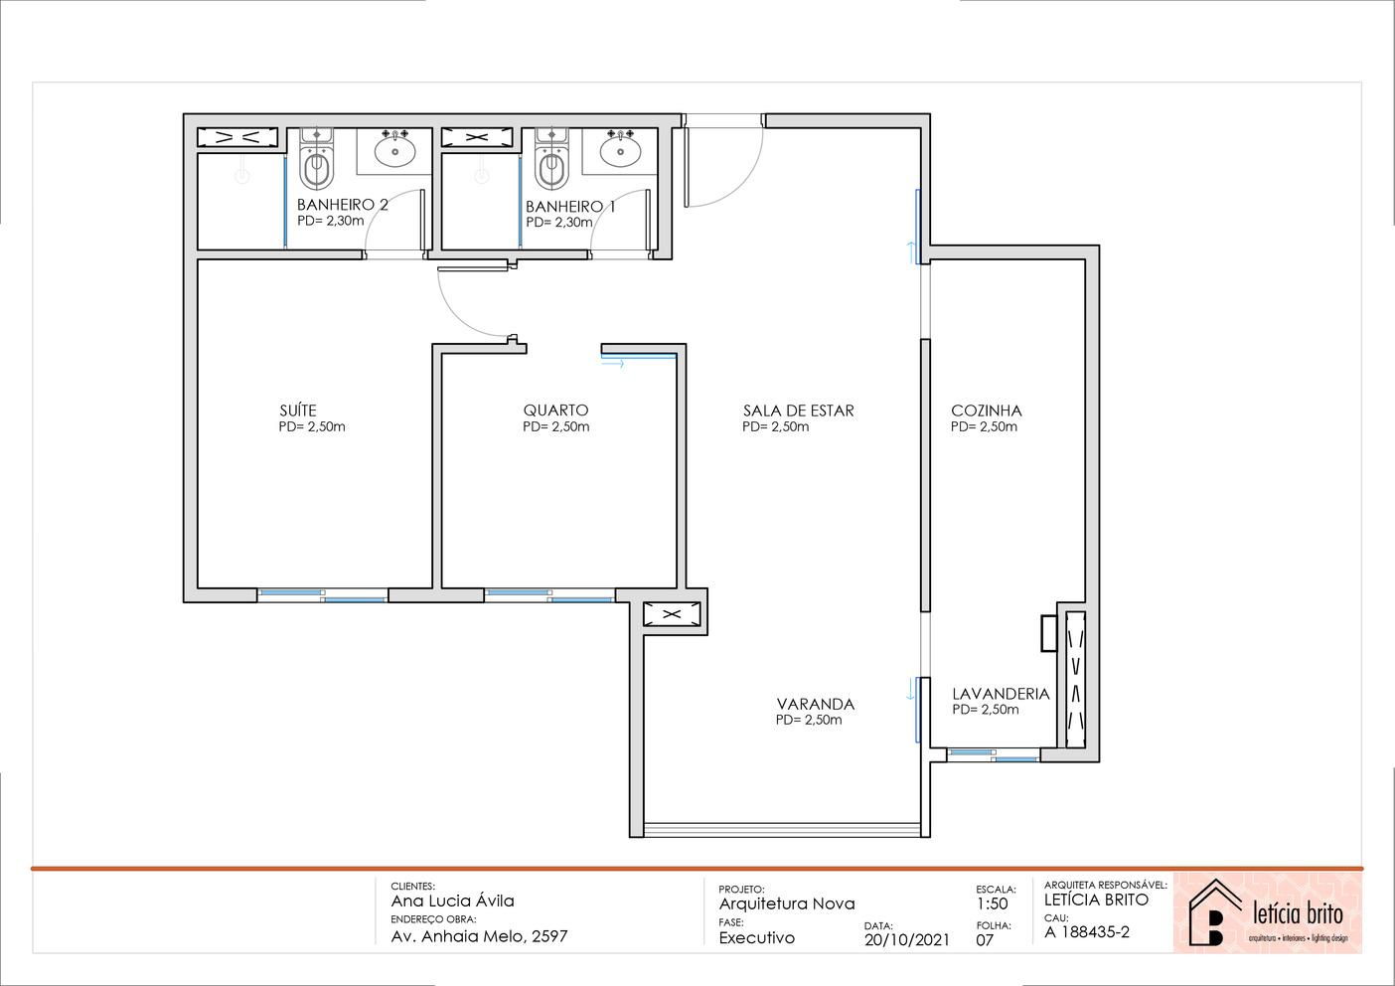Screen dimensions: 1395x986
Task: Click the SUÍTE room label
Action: pyautogui.click(x=298, y=411)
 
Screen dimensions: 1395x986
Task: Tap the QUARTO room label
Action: pyautogui.click(x=555, y=411)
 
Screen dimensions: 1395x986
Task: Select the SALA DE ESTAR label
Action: pyautogui.click(x=799, y=411)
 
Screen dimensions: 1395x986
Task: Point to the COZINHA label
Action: pyautogui.click(x=987, y=411)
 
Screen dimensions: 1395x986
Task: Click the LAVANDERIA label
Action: pyautogui.click(x=1001, y=693)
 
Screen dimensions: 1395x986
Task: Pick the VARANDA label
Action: pyautogui.click(x=815, y=704)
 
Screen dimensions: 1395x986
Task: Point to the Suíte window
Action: pyautogui.click(x=323, y=594)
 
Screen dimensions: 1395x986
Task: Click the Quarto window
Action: pyautogui.click(x=549, y=594)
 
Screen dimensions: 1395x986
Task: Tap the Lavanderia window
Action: pyautogui.click(x=994, y=755)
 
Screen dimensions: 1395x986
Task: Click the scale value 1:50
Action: pyautogui.click(x=992, y=904)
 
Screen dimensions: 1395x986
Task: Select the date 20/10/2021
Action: pyautogui.click(x=907, y=940)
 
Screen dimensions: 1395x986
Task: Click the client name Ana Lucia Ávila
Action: pyautogui.click(x=452, y=901)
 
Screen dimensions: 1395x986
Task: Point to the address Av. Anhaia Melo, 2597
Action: pyautogui.click(x=479, y=936)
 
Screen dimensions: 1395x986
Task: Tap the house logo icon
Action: pyautogui.click(x=1214, y=912)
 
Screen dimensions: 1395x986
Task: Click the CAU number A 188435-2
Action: pyautogui.click(x=1087, y=931)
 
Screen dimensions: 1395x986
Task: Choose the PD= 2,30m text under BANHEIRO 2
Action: pyautogui.click(x=330, y=221)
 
